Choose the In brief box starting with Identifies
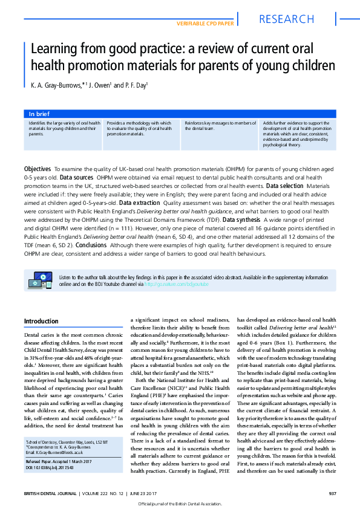64,128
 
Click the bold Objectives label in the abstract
37,169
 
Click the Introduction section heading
41,321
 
